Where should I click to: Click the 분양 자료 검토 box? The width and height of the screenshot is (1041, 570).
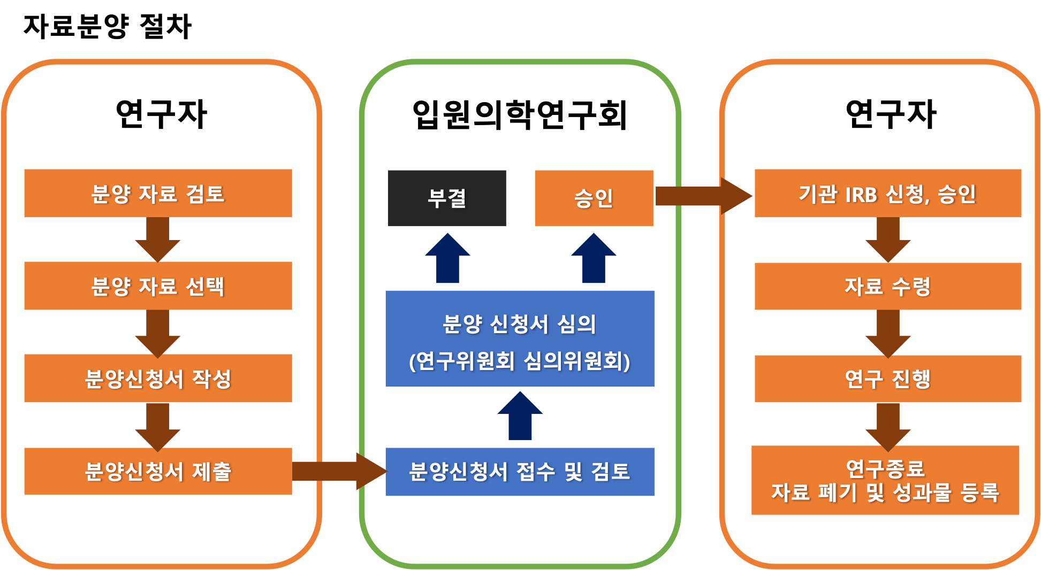[x=158, y=193]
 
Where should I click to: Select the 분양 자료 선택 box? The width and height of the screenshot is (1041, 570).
[x=158, y=286]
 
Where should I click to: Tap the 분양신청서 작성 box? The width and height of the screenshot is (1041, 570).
[x=158, y=378]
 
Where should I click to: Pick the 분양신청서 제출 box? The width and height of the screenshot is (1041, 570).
[x=158, y=471]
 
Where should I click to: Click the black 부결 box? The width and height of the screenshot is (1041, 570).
[x=446, y=198]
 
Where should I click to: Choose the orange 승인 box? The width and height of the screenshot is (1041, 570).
[x=594, y=198]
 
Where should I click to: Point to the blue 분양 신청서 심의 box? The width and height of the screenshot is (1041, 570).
[x=520, y=338]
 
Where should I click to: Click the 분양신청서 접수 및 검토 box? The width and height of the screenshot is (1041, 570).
[x=520, y=472]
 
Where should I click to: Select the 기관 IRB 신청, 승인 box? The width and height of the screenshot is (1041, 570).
[x=888, y=193]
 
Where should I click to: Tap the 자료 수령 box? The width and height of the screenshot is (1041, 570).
[x=888, y=286]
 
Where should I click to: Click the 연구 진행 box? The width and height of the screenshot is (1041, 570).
[x=888, y=379]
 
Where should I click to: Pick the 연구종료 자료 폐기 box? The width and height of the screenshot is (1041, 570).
[x=885, y=480]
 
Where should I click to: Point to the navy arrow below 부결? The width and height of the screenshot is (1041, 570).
[x=447, y=259]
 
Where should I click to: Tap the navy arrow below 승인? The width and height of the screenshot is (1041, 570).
[x=594, y=259]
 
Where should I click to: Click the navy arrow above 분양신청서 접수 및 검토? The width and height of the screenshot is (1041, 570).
[x=520, y=417]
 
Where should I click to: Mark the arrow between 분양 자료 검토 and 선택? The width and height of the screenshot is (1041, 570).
[x=158, y=239]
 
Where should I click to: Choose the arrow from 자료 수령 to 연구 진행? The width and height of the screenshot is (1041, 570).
[x=888, y=333]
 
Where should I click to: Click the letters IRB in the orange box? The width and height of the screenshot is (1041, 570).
[x=861, y=194]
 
